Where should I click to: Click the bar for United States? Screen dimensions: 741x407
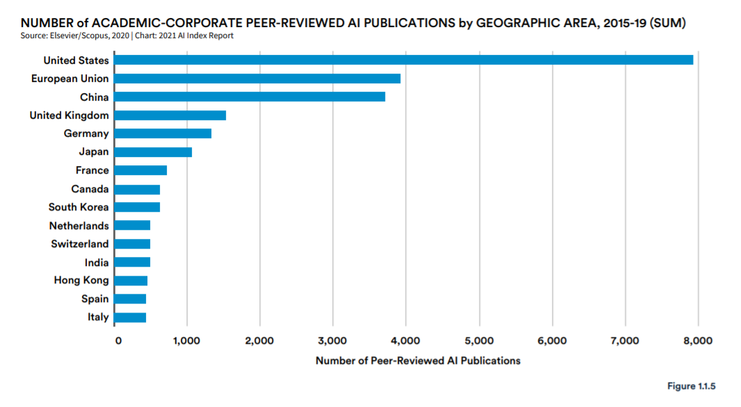(x=404, y=60)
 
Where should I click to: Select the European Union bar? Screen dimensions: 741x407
(x=258, y=78)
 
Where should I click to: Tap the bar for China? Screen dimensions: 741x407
(x=250, y=97)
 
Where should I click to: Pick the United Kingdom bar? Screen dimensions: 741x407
(x=170, y=115)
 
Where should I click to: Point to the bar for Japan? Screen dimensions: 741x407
(x=153, y=152)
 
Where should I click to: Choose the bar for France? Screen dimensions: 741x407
(x=140, y=170)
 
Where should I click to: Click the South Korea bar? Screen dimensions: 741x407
(x=137, y=207)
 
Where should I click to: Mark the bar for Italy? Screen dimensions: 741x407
(x=130, y=317)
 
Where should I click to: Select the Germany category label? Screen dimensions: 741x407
(x=86, y=133)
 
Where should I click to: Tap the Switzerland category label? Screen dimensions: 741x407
(x=80, y=244)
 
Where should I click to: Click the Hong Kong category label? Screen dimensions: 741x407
(x=81, y=281)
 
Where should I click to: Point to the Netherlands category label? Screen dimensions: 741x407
(x=79, y=226)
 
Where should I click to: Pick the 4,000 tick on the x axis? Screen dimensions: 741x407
(x=406, y=341)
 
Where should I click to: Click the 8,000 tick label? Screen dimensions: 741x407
(x=698, y=341)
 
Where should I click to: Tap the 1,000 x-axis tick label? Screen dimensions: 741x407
(x=187, y=341)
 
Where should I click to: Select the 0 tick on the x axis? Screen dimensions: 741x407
(x=118, y=341)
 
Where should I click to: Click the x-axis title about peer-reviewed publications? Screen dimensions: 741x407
(x=418, y=360)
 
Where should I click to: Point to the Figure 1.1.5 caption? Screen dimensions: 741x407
(x=692, y=386)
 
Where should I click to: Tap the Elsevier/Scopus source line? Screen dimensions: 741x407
(x=127, y=36)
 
